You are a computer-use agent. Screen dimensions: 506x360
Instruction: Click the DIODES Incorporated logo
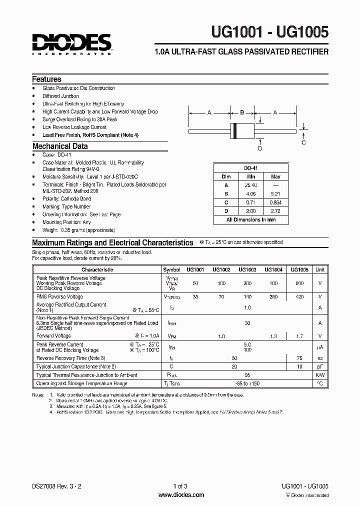[x=72, y=44]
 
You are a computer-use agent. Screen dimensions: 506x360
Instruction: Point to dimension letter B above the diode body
[x=242, y=113]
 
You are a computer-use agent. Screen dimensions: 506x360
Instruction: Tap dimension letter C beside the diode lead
[x=303, y=143]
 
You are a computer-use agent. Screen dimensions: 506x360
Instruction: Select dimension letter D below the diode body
[x=260, y=148]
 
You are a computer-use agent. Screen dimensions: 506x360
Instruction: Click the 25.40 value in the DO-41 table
[x=251, y=184]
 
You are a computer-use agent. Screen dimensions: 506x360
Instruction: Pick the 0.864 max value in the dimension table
[x=275, y=202]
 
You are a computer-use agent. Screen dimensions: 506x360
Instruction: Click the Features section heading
[x=46, y=79]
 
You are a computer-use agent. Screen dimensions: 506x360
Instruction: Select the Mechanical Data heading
[x=60, y=146]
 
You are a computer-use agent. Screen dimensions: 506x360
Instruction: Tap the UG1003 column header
[x=247, y=269]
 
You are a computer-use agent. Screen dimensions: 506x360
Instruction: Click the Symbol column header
[x=171, y=269]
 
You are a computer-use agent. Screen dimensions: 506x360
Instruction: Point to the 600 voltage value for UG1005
[x=299, y=283]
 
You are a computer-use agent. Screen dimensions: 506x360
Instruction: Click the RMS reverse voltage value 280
[x=273, y=296]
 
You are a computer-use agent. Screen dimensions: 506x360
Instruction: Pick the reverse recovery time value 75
[x=299, y=358]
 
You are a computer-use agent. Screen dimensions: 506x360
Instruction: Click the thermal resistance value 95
[x=247, y=375]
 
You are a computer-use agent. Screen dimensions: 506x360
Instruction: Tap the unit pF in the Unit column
[x=320, y=366]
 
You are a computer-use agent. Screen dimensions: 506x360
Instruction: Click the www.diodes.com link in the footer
[x=180, y=495]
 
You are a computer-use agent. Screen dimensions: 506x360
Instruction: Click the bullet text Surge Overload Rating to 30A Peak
[x=80, y=119]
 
